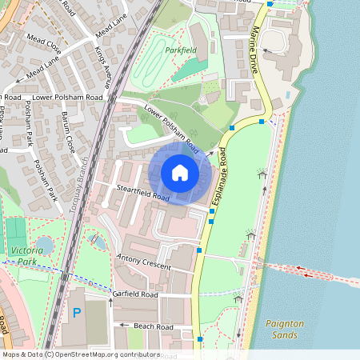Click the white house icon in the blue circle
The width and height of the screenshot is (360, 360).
point(180,172)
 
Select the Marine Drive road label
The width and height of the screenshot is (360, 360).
point(256,50)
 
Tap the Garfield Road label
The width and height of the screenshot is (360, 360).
point(136,295)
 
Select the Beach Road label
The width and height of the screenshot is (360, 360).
point(153,327)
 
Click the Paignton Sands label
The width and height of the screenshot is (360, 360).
point(285,329)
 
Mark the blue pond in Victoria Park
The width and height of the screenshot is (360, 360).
point(44,245)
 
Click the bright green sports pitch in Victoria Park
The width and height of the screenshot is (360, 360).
point(16,231)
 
